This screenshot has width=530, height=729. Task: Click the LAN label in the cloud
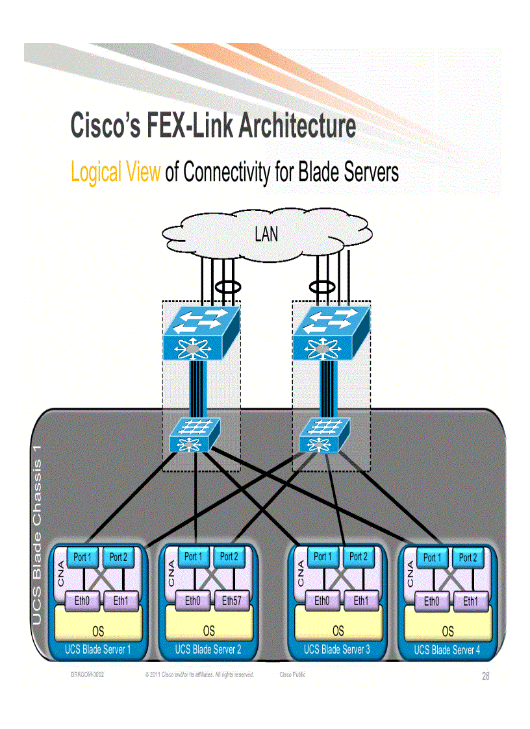tap(266, 234)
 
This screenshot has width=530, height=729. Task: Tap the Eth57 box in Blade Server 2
tap(231, 601)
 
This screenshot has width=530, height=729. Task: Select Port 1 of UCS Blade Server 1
tap(82, 557)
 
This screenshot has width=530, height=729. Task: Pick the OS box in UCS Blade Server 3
tap(338, 630)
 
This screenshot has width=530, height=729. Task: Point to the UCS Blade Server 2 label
tap(208, 649)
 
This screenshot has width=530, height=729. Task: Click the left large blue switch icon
tap(201, 334)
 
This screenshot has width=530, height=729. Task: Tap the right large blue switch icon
tap(331, 334)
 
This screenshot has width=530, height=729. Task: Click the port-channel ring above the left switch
tap(228, 286)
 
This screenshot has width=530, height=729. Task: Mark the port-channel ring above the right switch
tap(321, 286)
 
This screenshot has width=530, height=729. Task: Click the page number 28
tap(486, 676)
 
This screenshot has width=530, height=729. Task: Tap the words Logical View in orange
tap(115, 173)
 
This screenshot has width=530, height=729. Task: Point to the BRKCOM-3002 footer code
tap(88, 675)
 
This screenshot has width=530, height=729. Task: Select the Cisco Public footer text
tap(292, 675)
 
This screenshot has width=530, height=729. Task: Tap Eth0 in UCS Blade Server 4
tap(431, 602)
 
